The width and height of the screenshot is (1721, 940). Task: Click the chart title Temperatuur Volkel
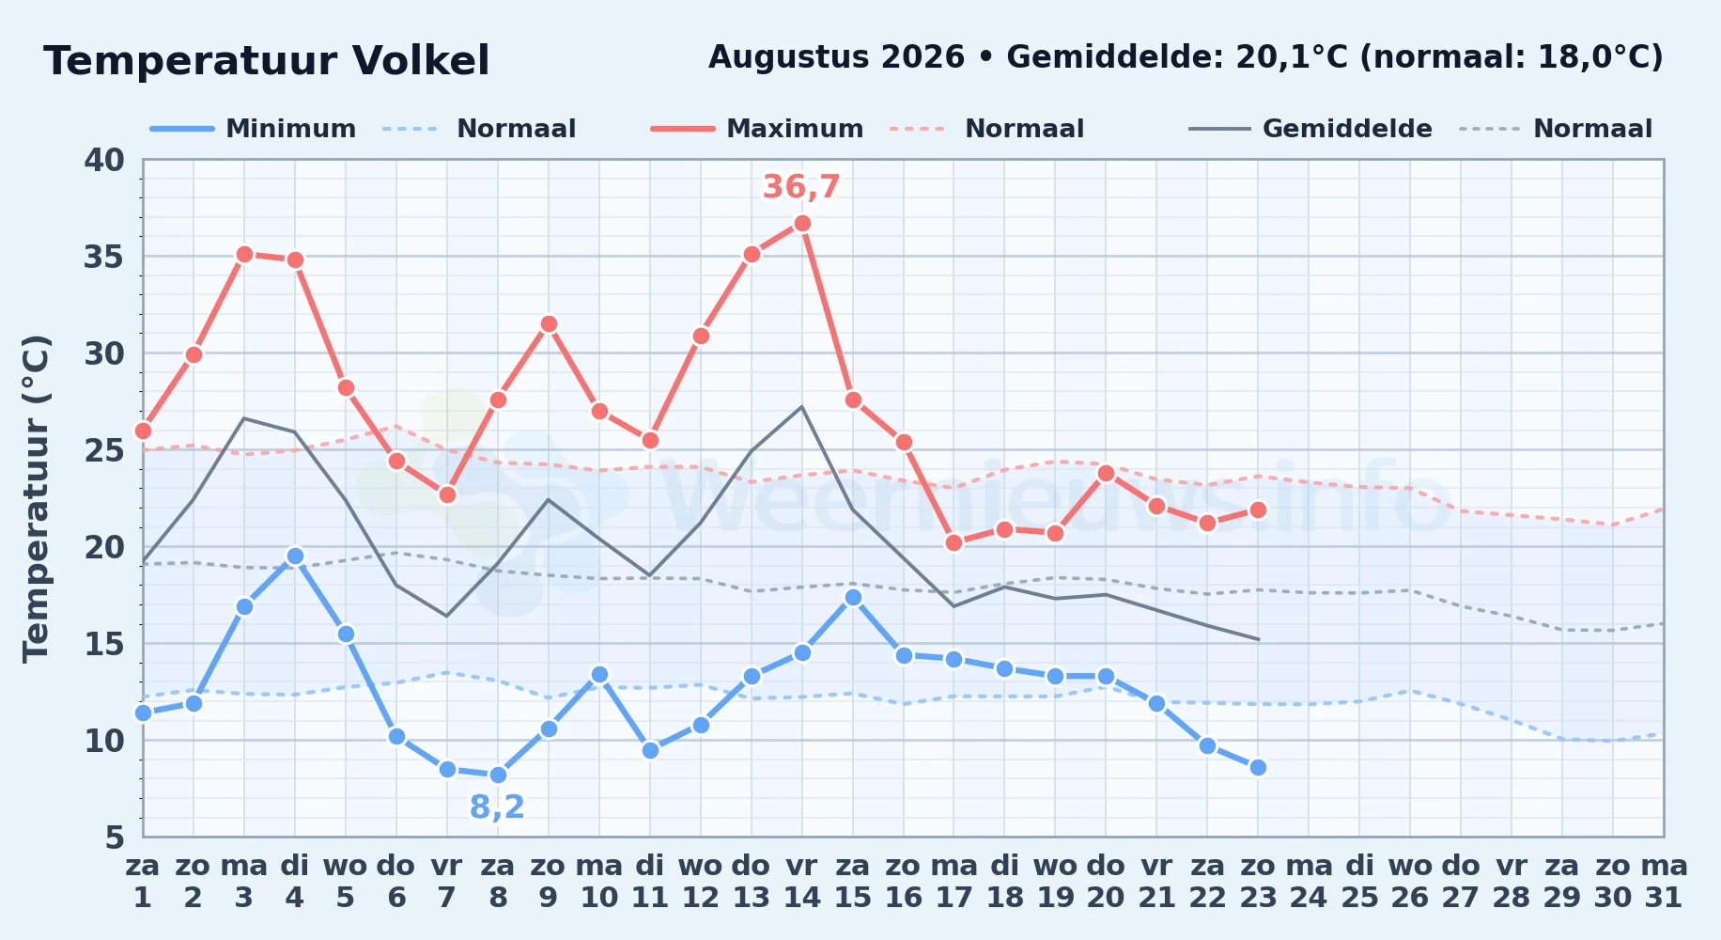[x=267, y=61]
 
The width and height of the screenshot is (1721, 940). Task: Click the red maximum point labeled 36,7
[x=802, y=223]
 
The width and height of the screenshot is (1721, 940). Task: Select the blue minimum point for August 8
[x=498, y=775]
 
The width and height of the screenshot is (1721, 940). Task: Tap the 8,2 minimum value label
[x=497, y=807]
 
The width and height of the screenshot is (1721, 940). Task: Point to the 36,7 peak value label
[x=801, y=187]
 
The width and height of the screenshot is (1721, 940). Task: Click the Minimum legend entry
[x=254, y=129]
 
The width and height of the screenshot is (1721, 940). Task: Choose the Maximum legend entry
[x=757, y=129]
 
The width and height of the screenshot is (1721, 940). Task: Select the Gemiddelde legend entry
[x=1310, y=129]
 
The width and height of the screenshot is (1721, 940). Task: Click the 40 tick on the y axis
[x=104, y=160]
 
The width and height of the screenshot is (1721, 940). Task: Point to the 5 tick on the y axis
[x=115, y=837]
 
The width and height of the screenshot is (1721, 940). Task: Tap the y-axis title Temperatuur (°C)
[x=36, y=498]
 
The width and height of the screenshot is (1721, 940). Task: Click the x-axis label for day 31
[x=1664, y=881]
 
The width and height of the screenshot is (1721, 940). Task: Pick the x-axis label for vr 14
[x=802, y=881]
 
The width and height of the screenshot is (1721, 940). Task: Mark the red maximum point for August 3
[x=244, y=254]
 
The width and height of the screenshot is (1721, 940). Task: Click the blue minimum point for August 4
[x=295, y=556]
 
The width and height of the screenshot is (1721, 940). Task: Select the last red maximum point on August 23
[x=1258, y=509]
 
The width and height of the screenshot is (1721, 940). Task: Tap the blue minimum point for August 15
[x=853, y=597]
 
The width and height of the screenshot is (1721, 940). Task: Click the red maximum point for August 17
[x=954, y=542]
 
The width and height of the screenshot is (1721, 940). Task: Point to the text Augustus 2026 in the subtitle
[x=836, y=57]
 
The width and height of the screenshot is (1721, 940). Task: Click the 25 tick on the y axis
[x=104, y=450]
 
